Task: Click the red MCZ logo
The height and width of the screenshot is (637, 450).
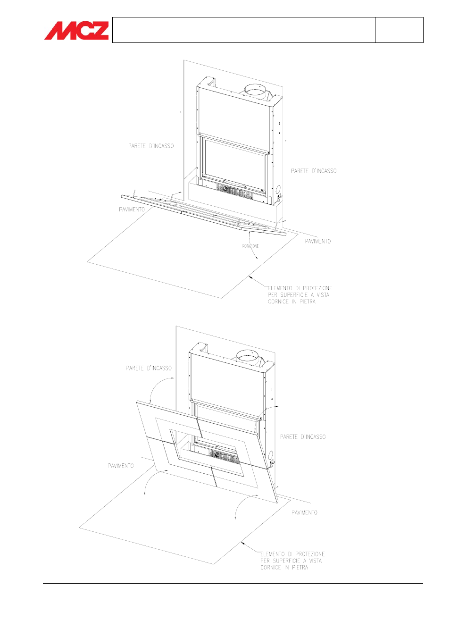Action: point(76,30)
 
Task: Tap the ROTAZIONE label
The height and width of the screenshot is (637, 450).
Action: point(250,246)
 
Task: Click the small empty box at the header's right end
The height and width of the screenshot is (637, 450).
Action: point(399,30)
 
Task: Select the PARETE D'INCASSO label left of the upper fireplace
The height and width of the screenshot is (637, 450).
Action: point(151,146)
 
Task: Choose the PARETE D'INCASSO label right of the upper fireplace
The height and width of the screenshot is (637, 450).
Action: point(314,171)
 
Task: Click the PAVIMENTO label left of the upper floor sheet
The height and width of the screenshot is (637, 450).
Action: point(132,210)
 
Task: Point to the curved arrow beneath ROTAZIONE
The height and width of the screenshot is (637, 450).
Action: point(251,244)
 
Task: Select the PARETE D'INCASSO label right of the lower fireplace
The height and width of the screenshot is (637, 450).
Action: point(303,437)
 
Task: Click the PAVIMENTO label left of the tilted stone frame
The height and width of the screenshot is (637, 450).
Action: point(121,466)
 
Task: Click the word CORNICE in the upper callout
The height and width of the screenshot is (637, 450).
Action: point(278,302)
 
